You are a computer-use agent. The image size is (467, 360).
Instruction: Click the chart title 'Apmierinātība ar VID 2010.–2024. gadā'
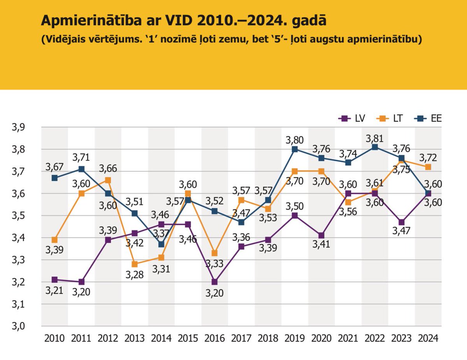click(183, 20)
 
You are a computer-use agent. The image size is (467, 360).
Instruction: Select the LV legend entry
click(352, 118)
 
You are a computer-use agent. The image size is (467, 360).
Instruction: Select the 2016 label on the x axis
click(214, 338)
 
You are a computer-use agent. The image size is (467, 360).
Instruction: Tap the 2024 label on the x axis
click(428, 338)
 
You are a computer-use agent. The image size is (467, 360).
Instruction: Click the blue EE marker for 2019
click(295, 149)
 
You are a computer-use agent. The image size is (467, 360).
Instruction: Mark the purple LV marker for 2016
click(214, 282)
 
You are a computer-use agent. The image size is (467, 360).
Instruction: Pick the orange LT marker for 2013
click(135, 264)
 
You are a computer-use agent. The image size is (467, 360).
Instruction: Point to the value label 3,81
click(374, 138)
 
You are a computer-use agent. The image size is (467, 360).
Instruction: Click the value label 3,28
click(134, 275)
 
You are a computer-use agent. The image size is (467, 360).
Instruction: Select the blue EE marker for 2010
click(55, 178)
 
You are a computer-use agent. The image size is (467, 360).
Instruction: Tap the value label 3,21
click(54, 290)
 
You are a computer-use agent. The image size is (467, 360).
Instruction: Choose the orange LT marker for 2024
click(428, 167)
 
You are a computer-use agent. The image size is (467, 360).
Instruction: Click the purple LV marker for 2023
click(401, 222)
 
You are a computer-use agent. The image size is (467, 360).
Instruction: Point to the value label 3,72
click(428, 158)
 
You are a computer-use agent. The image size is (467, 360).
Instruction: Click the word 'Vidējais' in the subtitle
click(64, 40)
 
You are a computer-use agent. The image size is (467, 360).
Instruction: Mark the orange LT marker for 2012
click(108, 180)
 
